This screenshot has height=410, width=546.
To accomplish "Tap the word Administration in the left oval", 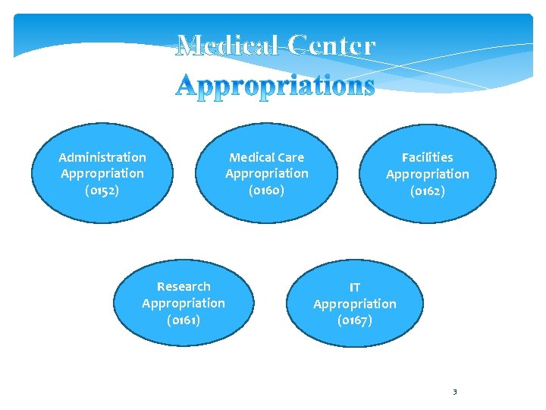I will tap(102, 157).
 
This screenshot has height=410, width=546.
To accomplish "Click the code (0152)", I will tap(102, 190).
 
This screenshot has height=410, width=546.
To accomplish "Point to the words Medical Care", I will tap(266, 157).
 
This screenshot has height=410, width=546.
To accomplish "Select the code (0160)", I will tap(266, 190).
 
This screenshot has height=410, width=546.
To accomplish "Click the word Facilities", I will tap(427, 157).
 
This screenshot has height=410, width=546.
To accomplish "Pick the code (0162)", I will tap(427, 191).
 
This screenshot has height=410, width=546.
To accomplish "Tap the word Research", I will tap(184, 286).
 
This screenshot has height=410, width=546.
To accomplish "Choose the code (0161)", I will tap(184, 320).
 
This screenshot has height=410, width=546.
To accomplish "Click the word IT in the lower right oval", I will tap(354, 287).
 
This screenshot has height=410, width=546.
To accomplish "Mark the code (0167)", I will tap(354, 320).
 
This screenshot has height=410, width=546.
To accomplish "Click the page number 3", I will tap(454, 392).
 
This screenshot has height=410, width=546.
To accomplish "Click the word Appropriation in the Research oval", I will tap(184, 303).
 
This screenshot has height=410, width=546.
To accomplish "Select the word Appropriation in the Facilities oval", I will tap(427, 174).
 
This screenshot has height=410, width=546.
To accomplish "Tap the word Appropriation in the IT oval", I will tap(354, 304).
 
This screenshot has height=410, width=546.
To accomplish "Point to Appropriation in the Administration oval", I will tap(102, 173).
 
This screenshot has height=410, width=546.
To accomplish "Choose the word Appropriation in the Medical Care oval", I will tap(266, 173).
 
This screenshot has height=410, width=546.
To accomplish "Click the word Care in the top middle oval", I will tap(290, 157).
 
